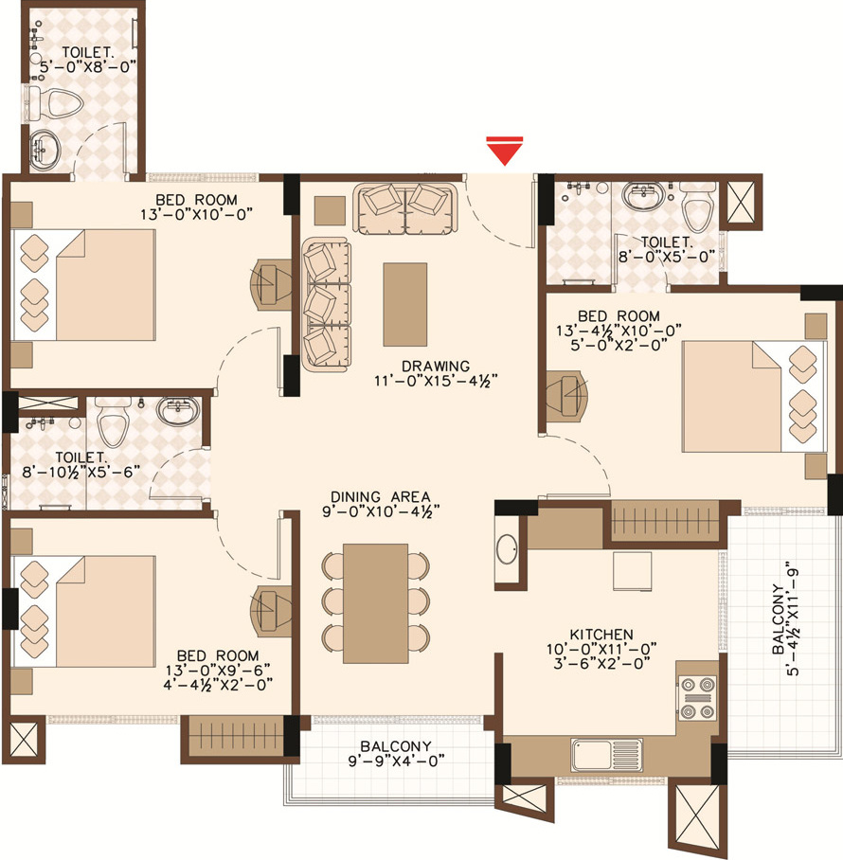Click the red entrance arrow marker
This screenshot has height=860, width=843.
505,151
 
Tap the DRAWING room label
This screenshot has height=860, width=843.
436,366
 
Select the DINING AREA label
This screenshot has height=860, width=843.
381,497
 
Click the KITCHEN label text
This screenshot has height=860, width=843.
601,635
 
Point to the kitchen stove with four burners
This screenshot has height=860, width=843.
697,698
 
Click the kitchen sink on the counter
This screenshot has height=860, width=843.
606,755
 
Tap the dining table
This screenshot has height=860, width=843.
376,603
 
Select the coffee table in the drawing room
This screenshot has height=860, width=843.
404,304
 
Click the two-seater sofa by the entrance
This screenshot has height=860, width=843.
404,209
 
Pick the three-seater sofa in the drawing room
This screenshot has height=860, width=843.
326,304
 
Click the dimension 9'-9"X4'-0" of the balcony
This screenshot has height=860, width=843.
396,761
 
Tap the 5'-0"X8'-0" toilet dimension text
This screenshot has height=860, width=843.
88,67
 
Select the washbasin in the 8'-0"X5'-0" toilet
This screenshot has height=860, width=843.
643,196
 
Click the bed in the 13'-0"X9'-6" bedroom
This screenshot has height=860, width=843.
84,612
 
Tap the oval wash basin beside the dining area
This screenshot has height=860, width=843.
506,548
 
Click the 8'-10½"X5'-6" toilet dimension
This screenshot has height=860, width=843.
81,471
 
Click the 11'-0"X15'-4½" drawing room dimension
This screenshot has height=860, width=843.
436,380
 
